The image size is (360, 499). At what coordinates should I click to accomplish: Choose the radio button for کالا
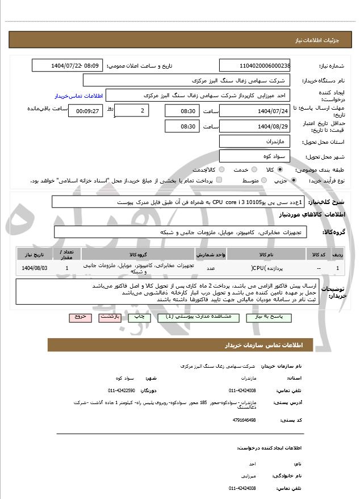279,169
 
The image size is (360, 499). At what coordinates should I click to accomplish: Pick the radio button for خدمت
252,169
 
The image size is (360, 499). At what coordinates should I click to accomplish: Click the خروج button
79,317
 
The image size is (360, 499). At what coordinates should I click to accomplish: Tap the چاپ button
139,317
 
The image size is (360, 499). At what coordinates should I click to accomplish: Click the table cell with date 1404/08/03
35,267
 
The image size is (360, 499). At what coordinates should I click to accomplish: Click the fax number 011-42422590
122,390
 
